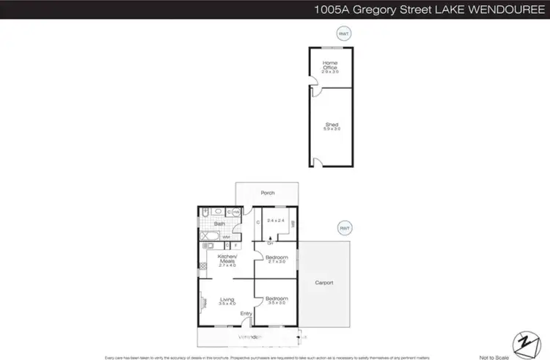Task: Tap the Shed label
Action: (x=332, y=125)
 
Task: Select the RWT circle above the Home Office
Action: (x=342, y=33)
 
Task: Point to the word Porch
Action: (x=268, y=193)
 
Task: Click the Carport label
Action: (x=324, y=283)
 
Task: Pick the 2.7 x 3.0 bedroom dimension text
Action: (x=276, y=262)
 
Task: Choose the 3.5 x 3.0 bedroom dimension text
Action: (x=276, y=303)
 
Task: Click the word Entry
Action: (x=246, y=314)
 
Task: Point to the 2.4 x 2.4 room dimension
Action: (x=275, y=220)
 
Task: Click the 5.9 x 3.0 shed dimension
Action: (x=332, y=129)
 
